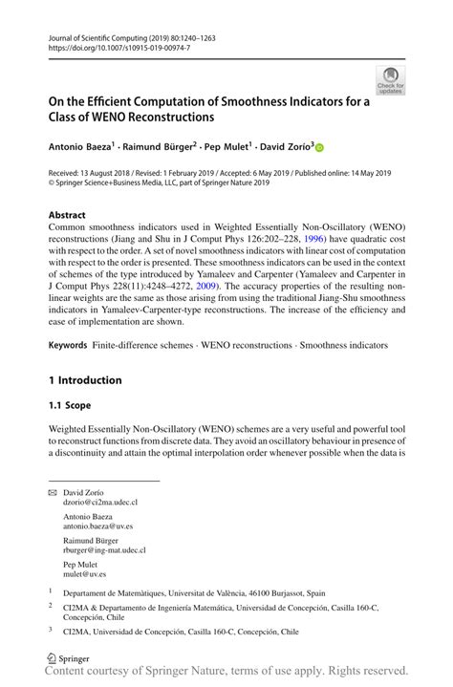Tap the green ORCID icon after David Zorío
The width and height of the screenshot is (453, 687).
tap(319, 147)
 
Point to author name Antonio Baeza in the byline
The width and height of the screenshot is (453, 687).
tap(80, 147)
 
